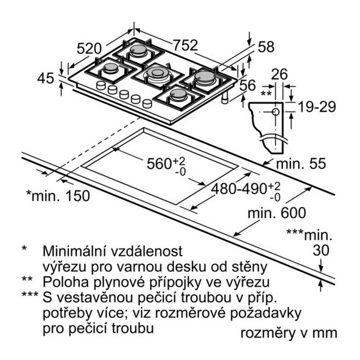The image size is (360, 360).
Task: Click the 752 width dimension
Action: [185, 45]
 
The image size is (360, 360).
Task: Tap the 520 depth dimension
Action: [89, 49]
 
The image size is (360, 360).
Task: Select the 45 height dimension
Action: [46, 78]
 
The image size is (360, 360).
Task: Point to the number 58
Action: [266, 47]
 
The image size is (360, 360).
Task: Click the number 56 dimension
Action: [247, 85]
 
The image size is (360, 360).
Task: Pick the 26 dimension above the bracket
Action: [279, 74]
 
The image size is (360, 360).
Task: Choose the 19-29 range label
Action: [317, 107]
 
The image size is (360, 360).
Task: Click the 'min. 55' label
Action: [301, 164]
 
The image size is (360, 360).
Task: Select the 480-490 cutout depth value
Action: [239, 189]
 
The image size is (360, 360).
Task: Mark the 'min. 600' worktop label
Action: [277, 212]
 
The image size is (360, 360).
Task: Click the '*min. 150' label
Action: [58, 196]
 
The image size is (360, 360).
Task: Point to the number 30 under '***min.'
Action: [321, 250]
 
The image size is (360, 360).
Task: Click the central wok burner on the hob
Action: [158, 73]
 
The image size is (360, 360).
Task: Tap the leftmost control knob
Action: [101, 85]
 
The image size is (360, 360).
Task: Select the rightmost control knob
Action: [147, 103]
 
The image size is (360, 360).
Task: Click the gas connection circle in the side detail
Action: [275, 112]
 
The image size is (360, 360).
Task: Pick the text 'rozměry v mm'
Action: [289, 332]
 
